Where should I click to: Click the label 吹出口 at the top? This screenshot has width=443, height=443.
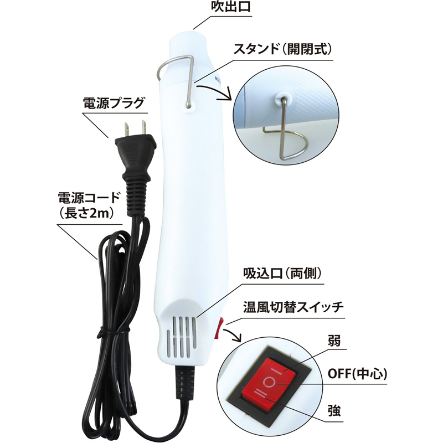point(231,7)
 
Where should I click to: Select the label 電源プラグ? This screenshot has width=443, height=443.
point(114,103)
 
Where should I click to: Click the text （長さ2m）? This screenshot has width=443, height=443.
point(87,214)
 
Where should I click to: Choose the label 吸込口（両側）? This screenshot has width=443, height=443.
point(282,273)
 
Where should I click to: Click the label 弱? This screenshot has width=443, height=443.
point(334,341)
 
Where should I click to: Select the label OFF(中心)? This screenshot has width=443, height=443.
point(357,375)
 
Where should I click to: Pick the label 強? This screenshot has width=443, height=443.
point(334,411)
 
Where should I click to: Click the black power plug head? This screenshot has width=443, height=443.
point(135,153)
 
